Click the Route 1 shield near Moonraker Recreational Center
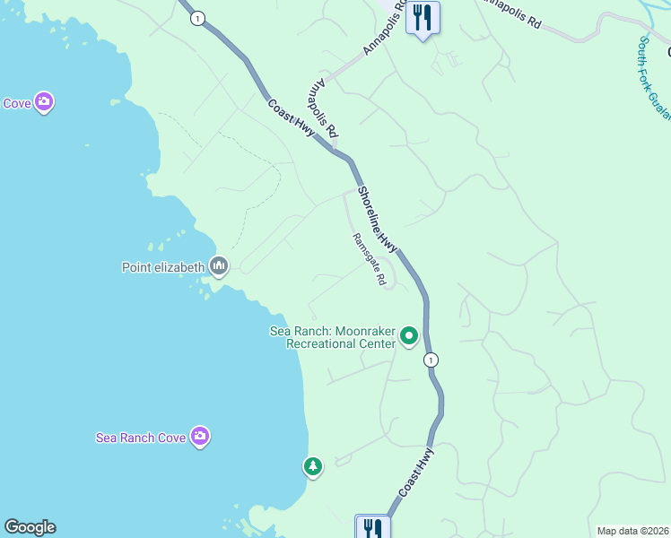point(432,360)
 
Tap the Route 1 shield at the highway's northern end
point(197,17)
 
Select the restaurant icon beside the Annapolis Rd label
point(423,17)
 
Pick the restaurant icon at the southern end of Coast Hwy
point(372,527)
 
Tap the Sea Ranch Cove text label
point(141,438)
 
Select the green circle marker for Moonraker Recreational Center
point(409,336)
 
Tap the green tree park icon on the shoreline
point(312,466)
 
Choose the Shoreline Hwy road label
point(378,218)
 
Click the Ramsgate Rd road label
point(369,260)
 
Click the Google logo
point(30,527)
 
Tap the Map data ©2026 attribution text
point(632,531)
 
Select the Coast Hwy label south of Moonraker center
point(416,473)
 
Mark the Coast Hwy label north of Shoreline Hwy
point(291,117)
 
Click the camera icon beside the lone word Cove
point(43,103)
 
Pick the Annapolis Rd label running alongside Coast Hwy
point(322,109)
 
